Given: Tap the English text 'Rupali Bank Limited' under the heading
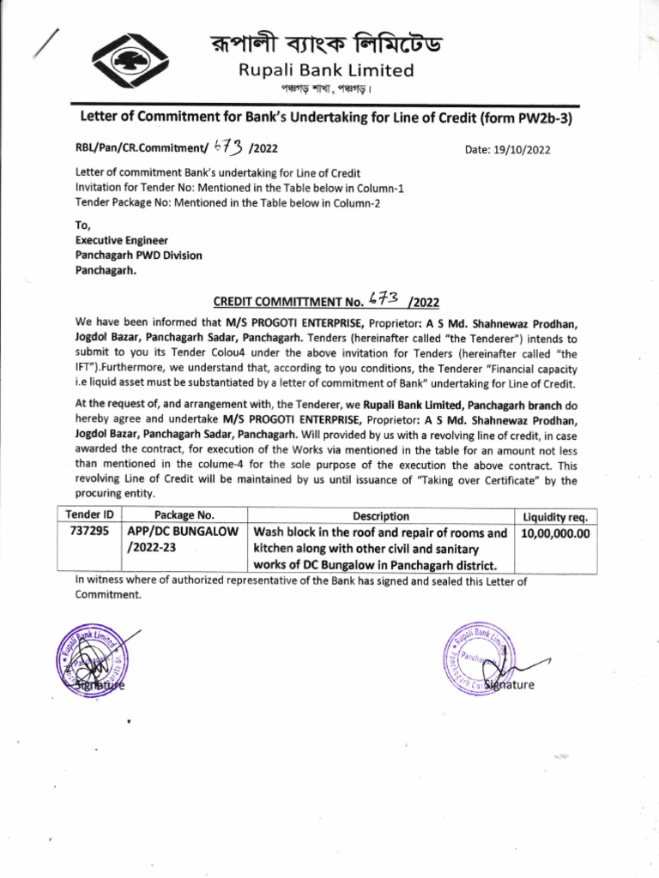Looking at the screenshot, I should coord(326,70).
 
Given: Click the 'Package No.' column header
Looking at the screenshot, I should coord(183,516).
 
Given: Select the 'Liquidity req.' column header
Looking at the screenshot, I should coord(554,516).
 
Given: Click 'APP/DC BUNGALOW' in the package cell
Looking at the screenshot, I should coord(183,532).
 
